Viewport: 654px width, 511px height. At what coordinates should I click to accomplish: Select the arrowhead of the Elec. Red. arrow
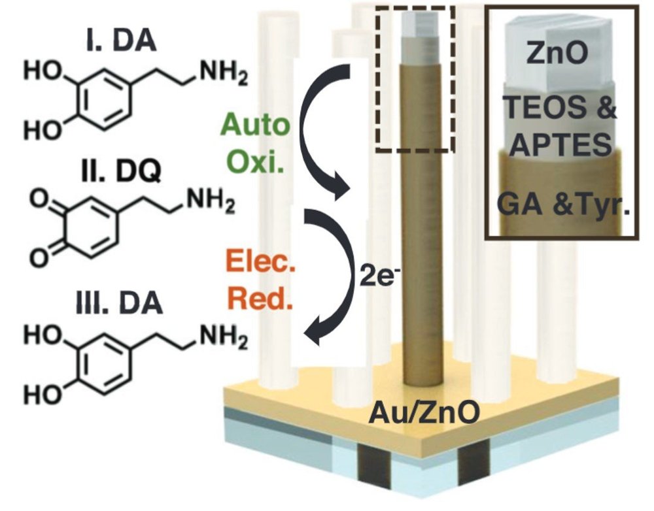tap(315, 337)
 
